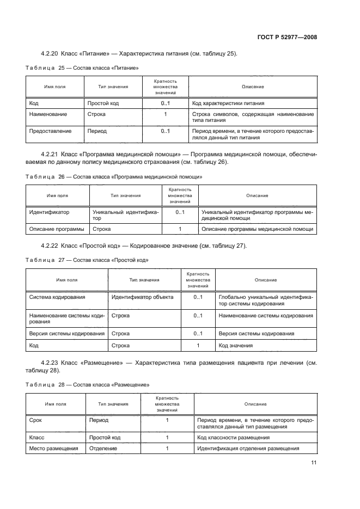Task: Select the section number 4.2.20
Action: pos(50,54)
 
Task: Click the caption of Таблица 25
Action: pos(82,68)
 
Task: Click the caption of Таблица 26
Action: pos(114,176)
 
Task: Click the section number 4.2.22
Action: pos(50,246)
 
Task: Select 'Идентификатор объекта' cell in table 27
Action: pos(142,297)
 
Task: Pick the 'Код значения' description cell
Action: pos(235,346)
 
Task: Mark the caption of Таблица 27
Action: pos(87,260)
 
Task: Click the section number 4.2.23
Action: pos(50,362)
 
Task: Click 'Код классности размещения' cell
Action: pos(233,437)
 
